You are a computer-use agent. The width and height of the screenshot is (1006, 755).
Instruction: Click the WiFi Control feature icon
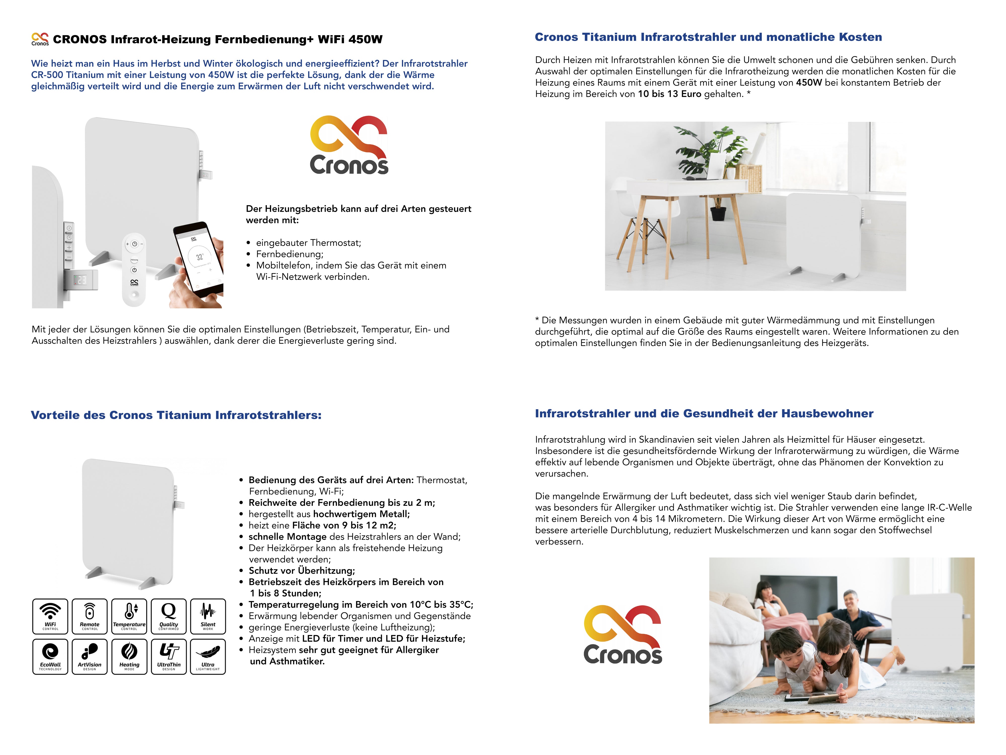click(x=50, y=616)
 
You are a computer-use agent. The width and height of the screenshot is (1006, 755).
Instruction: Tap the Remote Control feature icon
click(x=90, y=616)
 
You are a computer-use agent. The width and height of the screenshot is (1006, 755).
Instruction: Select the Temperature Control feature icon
click(x=129, y=616)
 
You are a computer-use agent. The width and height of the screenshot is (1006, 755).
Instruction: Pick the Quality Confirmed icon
click(x=169, y=616)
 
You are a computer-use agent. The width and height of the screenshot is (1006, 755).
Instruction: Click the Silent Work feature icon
click(x=208, y=616)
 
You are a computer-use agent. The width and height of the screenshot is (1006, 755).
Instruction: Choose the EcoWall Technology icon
click(x=50, y=656)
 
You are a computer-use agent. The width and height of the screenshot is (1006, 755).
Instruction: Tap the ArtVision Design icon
click(x=90, y=656)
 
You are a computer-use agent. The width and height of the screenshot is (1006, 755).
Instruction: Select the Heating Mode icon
click(x=129, y=656)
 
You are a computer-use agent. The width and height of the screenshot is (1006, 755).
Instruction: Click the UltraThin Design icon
click(x=169, y=656)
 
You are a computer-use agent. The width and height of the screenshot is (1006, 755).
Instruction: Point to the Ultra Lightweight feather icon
click(x=208, y=656)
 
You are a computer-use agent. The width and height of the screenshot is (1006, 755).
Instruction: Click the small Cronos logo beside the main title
click(x=40, y=39)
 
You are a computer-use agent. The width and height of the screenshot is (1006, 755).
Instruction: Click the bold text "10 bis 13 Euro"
click(x=669, y=94)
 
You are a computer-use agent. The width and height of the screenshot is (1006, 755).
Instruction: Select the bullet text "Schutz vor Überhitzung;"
click(x=302, y=571)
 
